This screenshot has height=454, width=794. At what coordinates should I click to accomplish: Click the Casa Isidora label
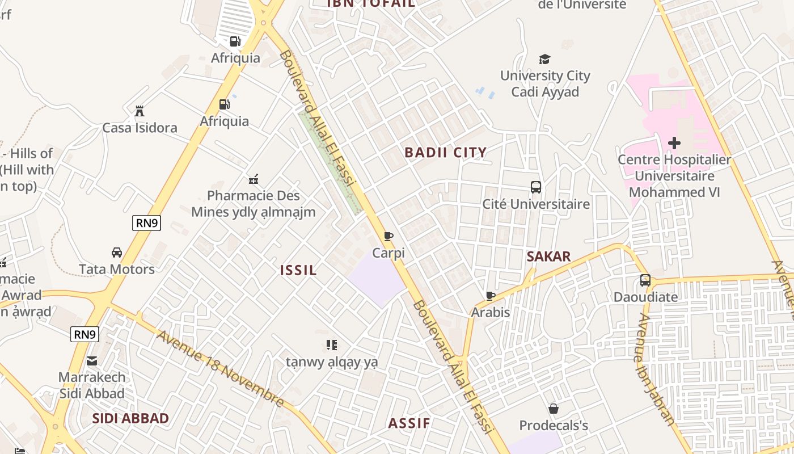[140, 128]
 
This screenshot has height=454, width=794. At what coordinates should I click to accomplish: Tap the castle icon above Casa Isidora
[140, 111]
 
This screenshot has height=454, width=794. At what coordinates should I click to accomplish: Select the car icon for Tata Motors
[117, 252]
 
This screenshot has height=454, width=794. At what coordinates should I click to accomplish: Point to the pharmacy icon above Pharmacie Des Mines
[254, 179]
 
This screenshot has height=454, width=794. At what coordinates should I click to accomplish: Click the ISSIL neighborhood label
[298, 270]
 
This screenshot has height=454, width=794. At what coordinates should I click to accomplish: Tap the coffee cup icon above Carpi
[388, 236]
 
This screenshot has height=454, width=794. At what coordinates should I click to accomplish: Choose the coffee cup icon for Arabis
[491, 296]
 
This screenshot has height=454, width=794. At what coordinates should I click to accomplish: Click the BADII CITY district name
[445, 152]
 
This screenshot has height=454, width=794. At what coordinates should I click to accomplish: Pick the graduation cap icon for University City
[544, 59]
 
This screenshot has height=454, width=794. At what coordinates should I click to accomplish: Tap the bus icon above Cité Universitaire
[536, 187]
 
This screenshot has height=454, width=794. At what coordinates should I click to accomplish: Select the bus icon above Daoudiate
[645, 280]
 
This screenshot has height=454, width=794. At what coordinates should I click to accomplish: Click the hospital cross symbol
[674, 143]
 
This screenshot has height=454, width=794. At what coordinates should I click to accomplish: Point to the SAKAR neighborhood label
[548, 257]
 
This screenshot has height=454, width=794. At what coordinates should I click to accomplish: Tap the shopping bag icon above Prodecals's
[554, 409]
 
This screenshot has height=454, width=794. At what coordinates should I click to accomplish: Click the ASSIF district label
[409, 423]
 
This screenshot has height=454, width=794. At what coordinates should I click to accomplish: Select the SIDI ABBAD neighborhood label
[130, 418]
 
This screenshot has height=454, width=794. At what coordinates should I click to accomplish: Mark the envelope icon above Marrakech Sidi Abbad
[92, 360]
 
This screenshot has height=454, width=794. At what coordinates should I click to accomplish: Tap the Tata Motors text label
[117, 269]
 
